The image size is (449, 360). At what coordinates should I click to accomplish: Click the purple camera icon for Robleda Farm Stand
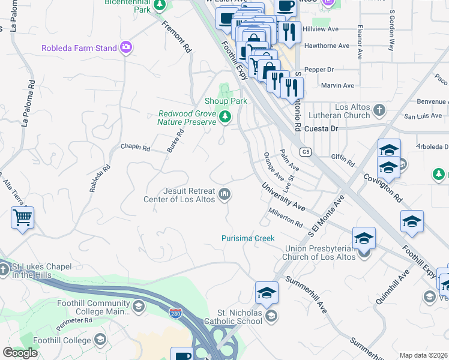[126, 47]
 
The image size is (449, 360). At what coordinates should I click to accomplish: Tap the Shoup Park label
[226, 101]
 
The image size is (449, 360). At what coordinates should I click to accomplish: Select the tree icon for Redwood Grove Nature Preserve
[225, 116]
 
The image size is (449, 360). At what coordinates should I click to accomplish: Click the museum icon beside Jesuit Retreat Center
[225, 193]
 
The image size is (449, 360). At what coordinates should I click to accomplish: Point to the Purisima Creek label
[247, 238]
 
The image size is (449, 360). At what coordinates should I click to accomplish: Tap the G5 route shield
[306, 152]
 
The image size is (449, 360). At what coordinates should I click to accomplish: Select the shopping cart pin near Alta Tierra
[22, 218]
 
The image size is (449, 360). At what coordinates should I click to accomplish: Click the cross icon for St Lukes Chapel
[4, 270]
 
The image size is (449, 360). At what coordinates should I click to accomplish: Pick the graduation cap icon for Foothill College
[100, 340]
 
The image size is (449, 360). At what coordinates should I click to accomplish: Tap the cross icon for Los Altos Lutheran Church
[379, 110]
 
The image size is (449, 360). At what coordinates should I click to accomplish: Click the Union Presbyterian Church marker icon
[364, 253]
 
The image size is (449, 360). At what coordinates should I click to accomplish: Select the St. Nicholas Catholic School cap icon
[271, 316]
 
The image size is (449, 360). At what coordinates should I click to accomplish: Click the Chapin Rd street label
[135, 146]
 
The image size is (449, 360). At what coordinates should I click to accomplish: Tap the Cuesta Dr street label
[322, 128]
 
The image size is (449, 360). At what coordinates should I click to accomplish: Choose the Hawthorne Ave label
[327, 46]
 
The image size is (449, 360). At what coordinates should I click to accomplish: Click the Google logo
[20, 353]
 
